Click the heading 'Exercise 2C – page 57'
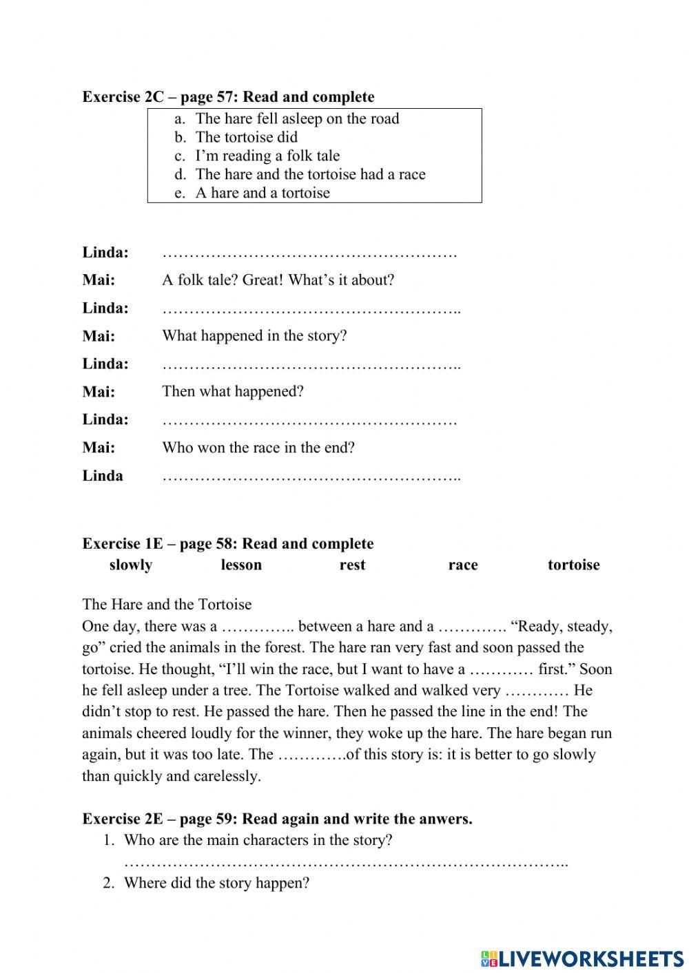click(228, 97)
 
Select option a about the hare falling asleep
click(297, 118)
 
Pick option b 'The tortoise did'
click(246, 137)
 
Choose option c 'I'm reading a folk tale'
click(267, 156)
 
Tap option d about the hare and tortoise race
click(310, 174)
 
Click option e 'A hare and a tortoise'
click(263, 193)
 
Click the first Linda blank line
click(309, 253)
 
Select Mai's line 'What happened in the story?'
click(254, 336)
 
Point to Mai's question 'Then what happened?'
click(233, 392)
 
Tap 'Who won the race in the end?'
click(258, 448)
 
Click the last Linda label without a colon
click(103, 476)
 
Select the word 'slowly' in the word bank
click(130, 565)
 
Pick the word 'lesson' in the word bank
click(241, 565)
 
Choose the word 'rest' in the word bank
click(352, 565)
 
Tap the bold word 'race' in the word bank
click(462, 565)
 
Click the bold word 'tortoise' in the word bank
click(573, 565)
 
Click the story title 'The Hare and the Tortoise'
click(167, 605)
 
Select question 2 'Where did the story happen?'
click(216, 883)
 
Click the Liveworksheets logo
click(582, 958)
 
